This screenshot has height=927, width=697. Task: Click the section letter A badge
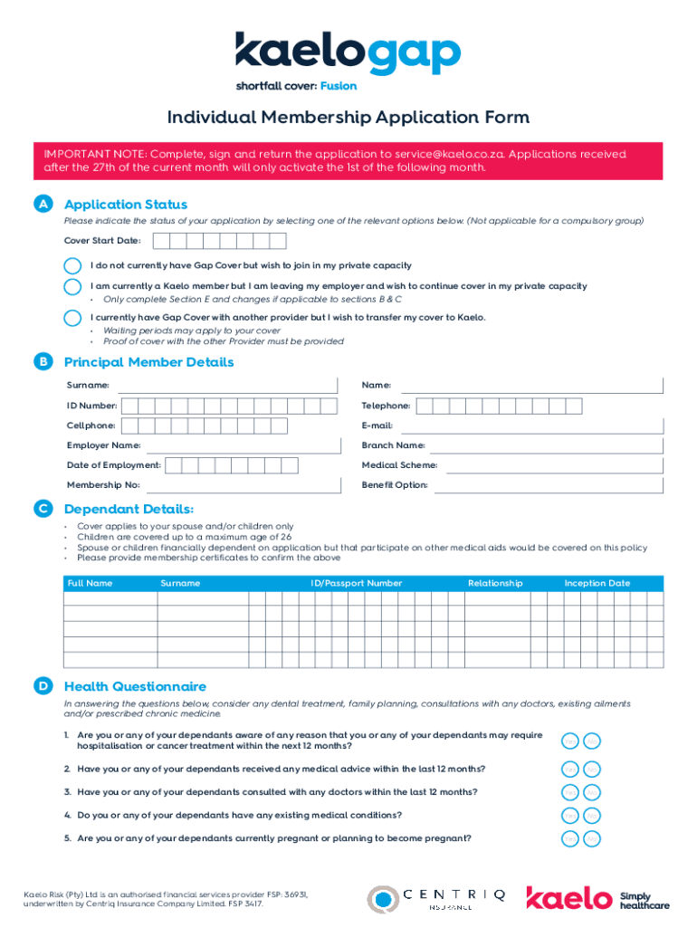click(x=43, y=205)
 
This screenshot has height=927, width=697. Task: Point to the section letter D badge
click(x=43, y=686)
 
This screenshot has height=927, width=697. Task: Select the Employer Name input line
click(x=241, y=446)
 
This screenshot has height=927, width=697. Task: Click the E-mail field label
click(x=377, y=425)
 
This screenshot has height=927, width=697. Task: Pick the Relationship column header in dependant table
click(x=494, y=583)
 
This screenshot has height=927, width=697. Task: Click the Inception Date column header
click(x=597, y=583)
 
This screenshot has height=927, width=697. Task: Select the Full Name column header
click(x=90, y=583)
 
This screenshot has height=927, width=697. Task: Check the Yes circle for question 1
click(x=570, y=741)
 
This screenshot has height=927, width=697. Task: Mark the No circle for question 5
click(x=592, y=839)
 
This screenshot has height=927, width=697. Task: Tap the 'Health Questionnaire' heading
click(x=135, y=686)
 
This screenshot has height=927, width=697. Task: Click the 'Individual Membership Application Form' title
click(x=348, y=119)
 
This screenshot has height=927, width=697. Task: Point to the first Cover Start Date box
click(x=161, y=241)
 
